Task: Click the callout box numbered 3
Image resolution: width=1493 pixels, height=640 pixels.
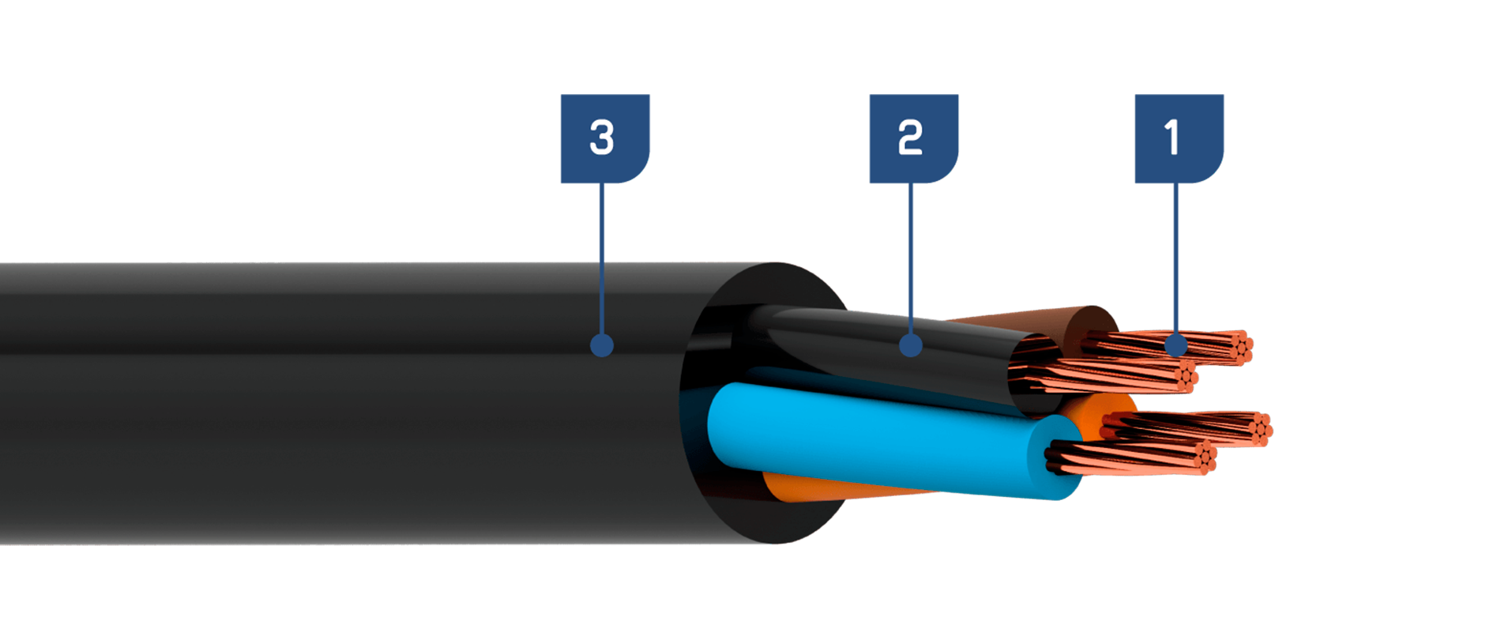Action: (605, 138)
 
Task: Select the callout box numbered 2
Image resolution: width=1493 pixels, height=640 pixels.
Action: (914, 138)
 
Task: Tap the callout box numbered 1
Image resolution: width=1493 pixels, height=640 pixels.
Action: (1179, 138)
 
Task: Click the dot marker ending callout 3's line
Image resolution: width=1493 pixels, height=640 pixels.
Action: (602, 345)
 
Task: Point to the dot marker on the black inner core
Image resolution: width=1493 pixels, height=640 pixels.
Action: (911, 345)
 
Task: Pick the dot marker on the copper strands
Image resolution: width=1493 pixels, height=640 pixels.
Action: (1176, 345)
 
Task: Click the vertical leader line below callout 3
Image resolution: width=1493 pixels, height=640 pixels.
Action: (602, 259)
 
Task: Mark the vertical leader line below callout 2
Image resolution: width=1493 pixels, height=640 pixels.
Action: (911, 259)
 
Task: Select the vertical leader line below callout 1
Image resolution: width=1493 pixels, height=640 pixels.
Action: (1176, 259)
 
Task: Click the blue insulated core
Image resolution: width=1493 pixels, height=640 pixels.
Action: (885, 439)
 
